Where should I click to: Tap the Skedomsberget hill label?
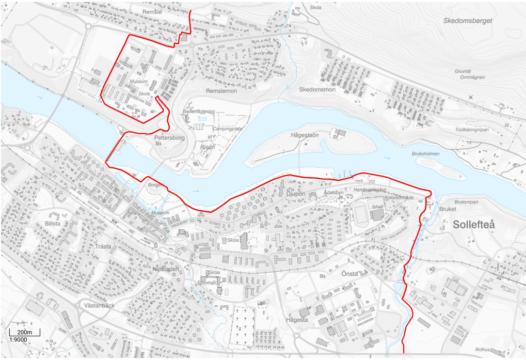468,21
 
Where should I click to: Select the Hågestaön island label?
305,135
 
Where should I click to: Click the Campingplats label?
227,129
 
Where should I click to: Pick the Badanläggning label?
199,111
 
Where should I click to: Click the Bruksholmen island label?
425,154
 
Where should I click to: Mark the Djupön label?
295,193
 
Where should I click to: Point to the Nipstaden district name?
166,269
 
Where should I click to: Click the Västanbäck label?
99,306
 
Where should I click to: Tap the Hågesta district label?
297,320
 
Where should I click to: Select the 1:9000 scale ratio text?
18,340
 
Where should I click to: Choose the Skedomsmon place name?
318,90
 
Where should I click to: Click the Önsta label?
350,274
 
